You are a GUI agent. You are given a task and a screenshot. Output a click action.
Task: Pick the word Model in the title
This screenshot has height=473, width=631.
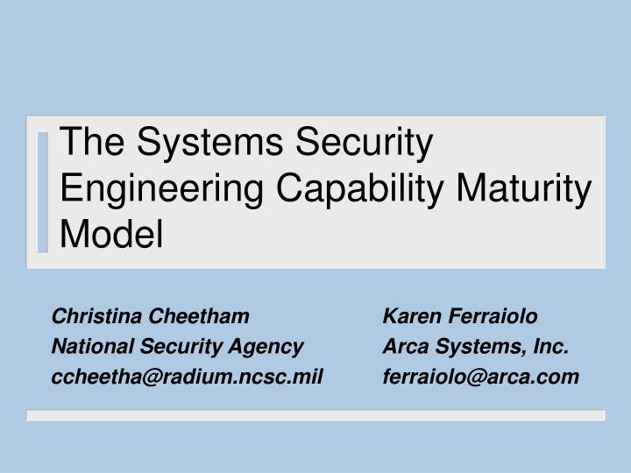tap(112, 233)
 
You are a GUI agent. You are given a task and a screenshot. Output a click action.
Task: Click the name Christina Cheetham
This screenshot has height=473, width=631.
tap(151, 315)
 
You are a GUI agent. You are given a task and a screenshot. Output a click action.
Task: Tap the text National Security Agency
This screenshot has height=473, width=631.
tap(177, 346)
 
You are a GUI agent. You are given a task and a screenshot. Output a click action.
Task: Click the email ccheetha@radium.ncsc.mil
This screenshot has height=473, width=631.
tap(188, 377)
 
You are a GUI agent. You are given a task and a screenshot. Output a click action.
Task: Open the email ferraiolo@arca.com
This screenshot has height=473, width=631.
tap(481, 377)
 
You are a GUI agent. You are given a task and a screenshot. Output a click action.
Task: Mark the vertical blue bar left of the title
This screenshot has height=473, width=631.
tap(44, 190)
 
